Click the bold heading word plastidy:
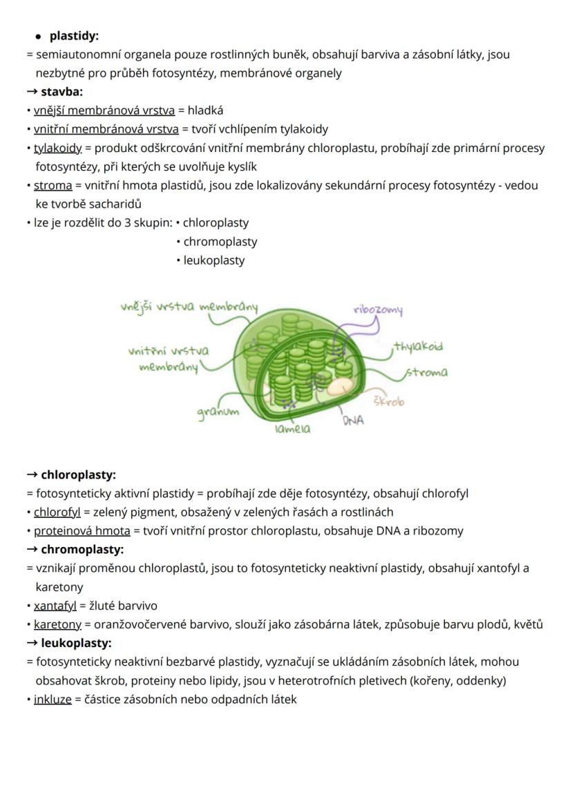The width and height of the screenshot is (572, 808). pyautogui.click(x=74, y=35)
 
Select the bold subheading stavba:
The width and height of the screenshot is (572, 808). pyautogui.click(x=61, y=91)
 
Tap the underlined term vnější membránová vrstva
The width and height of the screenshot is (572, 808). pyautogui.click(x=104, y=110)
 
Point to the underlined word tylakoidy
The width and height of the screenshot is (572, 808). pyautogui.click(x=58, y=148)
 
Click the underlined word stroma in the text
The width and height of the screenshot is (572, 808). pyautogui.click(x=53, y=185)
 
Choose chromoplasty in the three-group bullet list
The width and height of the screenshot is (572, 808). pyautogui.click(x=220, y=242)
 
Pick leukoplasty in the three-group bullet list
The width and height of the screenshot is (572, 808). pyautogui.click(x=214, y=260)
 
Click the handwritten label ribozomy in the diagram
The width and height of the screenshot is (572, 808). pyautogui.click(x=377, y=310)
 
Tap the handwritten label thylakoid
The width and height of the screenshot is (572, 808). pyautogui.click(x=418, y=346)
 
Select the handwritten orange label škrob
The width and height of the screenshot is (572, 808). pyautogui.click(x=389, y=401)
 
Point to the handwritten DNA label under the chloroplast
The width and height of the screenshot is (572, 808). pyautogui.click(x=353, y=420)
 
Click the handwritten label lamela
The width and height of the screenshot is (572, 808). pyautogui.click(x=292, y=429)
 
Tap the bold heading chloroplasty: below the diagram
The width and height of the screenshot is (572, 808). pyautogui.click(x=78, y=474)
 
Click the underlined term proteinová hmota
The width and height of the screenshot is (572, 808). pyautogui.click(x=82, y=531)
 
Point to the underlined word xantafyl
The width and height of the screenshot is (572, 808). pyautogui.click(x=55, y=606)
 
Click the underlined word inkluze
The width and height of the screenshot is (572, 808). pyautogui.click(x=53, y=699)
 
